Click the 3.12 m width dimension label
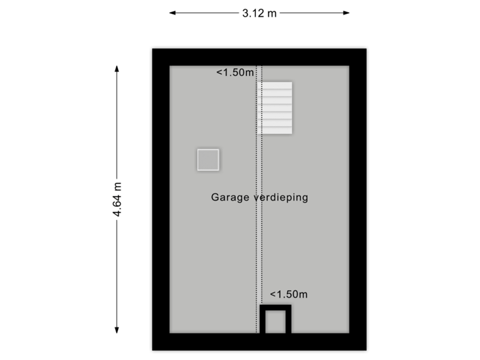(x=259, y=13)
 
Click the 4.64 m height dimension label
(x=117, y=199)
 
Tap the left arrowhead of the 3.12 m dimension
(x=172, y=13)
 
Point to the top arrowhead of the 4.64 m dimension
(x=117, y=69)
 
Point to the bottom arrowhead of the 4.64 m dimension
(x=117, y=329)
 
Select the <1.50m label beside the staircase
(x=235, y=73)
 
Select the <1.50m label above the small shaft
(x=289, y=294)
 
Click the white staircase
(x=276, y=107)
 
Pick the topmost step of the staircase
(x=276, y=86)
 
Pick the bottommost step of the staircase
(x=276, y=129)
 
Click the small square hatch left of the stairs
(x=208, y=160)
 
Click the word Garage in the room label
(x=229, y=197)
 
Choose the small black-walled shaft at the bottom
(x=275, y=320)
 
